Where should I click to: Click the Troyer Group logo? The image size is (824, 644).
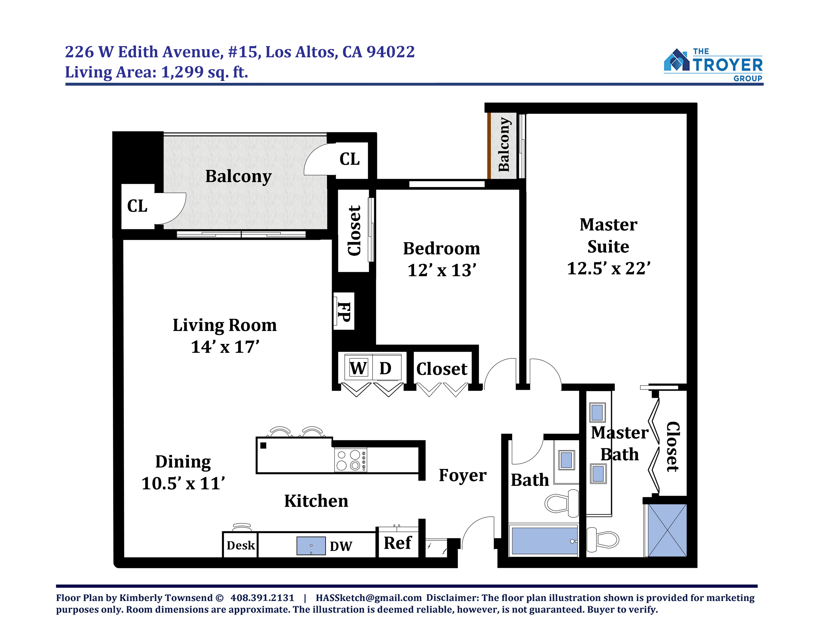pos(713,65)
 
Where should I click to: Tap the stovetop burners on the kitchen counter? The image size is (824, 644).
pos(351,460)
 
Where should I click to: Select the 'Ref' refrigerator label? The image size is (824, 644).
pos(397,543)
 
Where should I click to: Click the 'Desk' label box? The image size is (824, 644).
pos(240,545)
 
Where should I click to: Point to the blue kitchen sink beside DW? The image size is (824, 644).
pos(311,545)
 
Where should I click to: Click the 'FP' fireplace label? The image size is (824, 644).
pos(344,312)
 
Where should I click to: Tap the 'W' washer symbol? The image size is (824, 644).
pos(358,368)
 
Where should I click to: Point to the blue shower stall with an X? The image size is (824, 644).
pos(667,530)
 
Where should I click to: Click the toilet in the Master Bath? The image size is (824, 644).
pos(603,538)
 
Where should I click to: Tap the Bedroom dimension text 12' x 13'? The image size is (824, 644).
pos(442,270)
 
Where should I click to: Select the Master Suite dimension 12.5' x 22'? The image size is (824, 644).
pos(609,268)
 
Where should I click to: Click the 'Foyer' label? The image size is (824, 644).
pos(462,475)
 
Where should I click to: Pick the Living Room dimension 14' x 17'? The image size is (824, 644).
pos(225,347)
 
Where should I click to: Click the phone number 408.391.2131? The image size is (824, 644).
pos(262,598)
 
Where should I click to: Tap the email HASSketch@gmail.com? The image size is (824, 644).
pos(369,598)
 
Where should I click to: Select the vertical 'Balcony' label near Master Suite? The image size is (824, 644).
pos(504,145)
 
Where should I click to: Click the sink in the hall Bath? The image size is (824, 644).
pos(566,460)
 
